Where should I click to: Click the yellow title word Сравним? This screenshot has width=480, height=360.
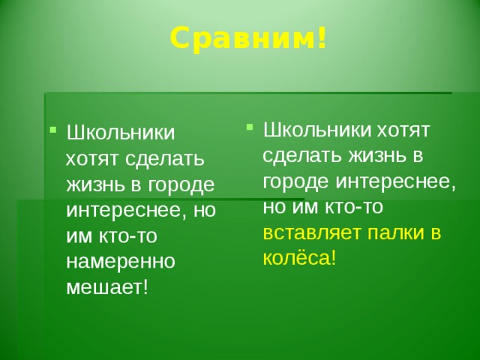coord(248,38)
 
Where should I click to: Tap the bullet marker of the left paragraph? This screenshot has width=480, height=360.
coord(53,130)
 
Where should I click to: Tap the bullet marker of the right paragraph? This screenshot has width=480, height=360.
coord(250,127)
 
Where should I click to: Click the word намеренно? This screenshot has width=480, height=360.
coord(121,262)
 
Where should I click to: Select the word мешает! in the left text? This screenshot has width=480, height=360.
coord(107,287)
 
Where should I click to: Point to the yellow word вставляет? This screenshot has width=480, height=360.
coord(312,232)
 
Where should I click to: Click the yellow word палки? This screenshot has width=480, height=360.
coord(396,232)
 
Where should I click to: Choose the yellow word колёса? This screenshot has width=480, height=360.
coord(299,258)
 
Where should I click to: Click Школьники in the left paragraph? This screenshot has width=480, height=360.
coord(121,132)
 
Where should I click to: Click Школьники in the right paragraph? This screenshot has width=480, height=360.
coord(317,130)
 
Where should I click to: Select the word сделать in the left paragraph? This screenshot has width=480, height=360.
coord(165,159)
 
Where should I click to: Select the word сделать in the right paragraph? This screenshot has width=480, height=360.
coord(302,155)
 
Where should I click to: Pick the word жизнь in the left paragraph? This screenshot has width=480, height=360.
coord(97,185)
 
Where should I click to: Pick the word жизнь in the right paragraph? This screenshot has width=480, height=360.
coord(378,155)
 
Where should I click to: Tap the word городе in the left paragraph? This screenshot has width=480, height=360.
coord(181,185)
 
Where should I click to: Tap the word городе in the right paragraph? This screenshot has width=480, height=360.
coord(295,181)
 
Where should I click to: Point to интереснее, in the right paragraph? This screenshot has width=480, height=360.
coord(396,182)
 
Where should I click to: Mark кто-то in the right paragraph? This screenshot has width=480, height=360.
coord(353,207)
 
